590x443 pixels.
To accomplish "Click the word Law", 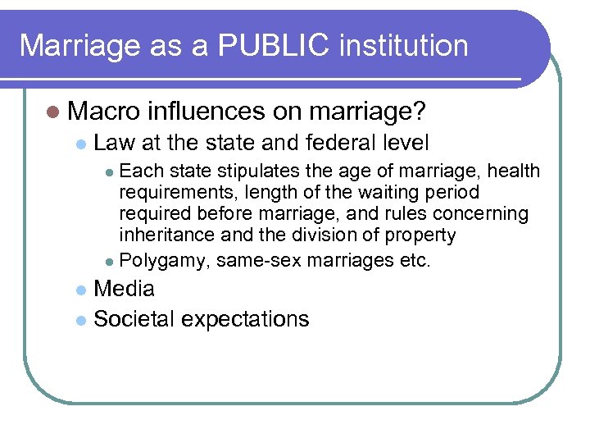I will point(115,143).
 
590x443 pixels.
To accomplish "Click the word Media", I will point(124,289).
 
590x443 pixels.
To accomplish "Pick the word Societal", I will point(132,319).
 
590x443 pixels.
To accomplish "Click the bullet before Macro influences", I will point(52,111).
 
